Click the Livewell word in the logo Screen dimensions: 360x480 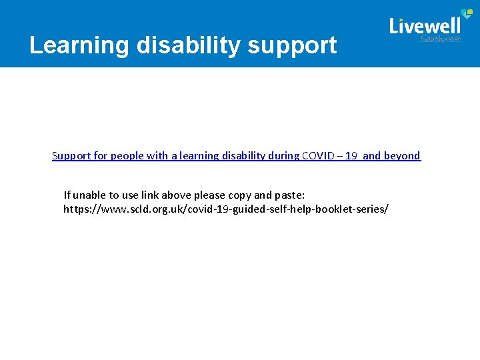point(425,26)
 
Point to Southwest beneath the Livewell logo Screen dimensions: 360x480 point(440,39)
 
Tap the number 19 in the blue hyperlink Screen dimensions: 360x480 point(351,156)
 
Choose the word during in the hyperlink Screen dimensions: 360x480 point(283,156)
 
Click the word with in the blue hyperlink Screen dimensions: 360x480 point(157,156)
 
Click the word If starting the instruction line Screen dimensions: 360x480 point(67,195)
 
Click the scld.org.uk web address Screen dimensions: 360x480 point(225,209)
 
